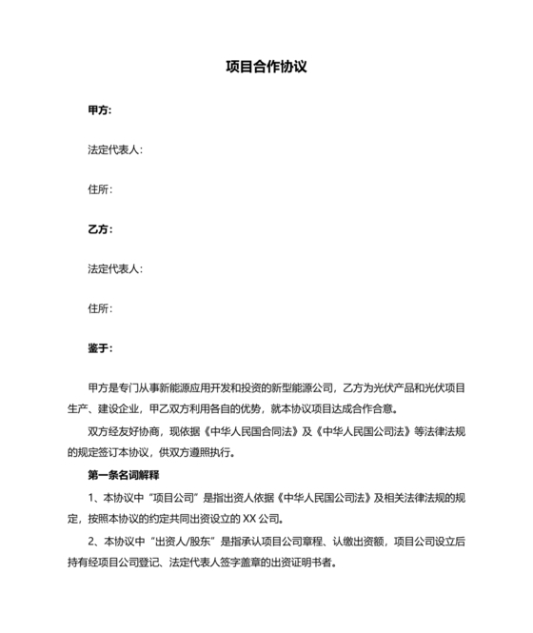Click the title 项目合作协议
pos(266,68)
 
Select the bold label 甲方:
pos(100,110)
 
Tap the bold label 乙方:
pos(100,229)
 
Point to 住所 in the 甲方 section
pos(99,189)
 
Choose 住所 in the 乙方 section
pos(99,308)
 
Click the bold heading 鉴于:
pos(100,348)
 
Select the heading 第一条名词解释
pos(123,474)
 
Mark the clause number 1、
pos(93,496)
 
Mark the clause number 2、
pos(93,540)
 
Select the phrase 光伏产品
pos(398,388)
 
